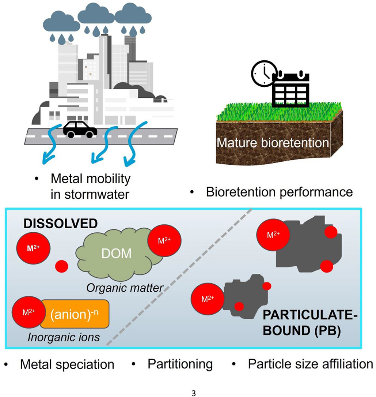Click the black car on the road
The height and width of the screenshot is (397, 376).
(80, 130)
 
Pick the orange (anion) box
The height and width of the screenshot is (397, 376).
(75, 314)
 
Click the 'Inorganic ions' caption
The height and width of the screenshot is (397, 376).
(64, 337)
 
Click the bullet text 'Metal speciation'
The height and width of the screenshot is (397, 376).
(67, 364)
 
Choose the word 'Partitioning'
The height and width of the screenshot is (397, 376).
(180, 364)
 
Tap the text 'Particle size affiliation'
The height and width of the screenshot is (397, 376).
(310, 364)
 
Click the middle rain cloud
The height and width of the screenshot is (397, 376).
(96, 15)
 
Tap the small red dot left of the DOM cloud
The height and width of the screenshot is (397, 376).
(61, 266)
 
